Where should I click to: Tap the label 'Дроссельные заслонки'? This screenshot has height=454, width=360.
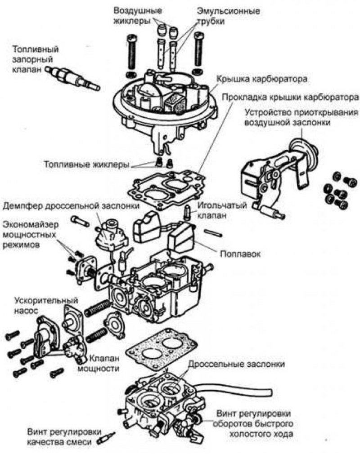[236, 363]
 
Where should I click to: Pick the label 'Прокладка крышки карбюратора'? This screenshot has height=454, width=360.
[288, 97]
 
